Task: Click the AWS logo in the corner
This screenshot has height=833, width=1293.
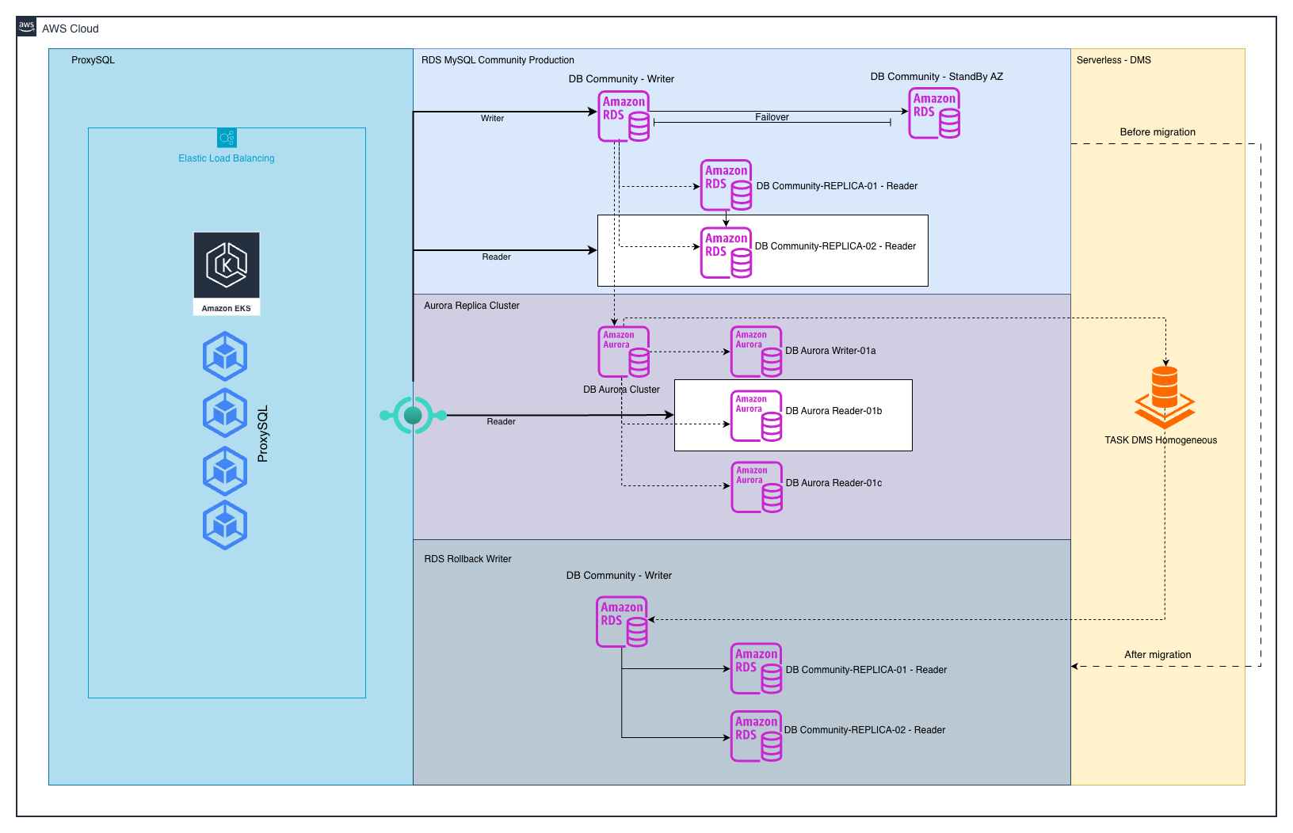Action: click(27, 27)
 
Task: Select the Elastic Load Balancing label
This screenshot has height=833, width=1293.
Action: click(227, 158)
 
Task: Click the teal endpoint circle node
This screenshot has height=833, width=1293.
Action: click(413, 415)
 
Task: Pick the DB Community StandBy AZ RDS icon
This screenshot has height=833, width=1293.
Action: click(934, 113)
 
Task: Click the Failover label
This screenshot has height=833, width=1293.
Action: click(772, 117)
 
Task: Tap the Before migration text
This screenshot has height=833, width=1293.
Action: click(1158, 132)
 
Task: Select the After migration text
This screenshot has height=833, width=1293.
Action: click(1158, 655)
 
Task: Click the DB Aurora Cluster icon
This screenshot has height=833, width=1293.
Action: click(624, 352)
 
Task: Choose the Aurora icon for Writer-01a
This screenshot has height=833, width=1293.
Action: click(757, 352)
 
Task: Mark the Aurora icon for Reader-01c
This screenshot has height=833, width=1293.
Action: click(757, 487)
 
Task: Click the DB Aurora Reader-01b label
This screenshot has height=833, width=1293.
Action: click(833, 411)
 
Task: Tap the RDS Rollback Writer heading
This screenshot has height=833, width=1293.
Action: click(467, 559)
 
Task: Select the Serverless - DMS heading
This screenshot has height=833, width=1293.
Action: click(1113, 60)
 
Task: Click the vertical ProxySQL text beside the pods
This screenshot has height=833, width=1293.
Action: click(263, 433)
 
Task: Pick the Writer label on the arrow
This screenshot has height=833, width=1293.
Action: click(492, 119)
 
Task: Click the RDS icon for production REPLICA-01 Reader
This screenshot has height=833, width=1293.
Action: click(727, 185)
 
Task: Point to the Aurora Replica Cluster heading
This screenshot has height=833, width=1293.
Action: click(471, 306)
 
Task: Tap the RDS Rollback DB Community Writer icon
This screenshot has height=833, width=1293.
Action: click(622, 622)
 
